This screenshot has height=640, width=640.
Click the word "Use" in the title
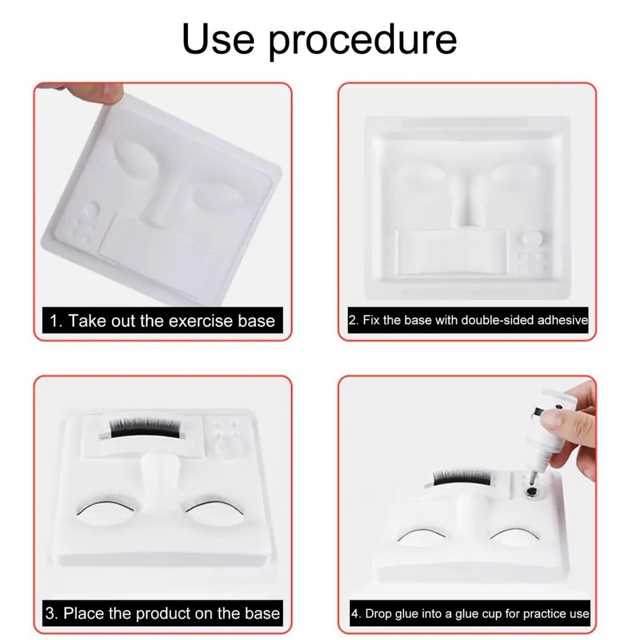pyautogui.click(x=218, y=39)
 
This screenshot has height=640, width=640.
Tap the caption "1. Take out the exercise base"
pyautogui.click(x=163, y=321)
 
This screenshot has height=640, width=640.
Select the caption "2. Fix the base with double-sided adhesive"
pyautogui.click(x=468, y=320)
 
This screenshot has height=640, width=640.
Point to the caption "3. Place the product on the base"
pyautogui.click(x=163, y=613)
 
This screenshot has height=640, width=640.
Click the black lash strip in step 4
pyautogui.click(x=462, y=477)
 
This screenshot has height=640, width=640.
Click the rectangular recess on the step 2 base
pyautogui.click(x=451, y=252)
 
